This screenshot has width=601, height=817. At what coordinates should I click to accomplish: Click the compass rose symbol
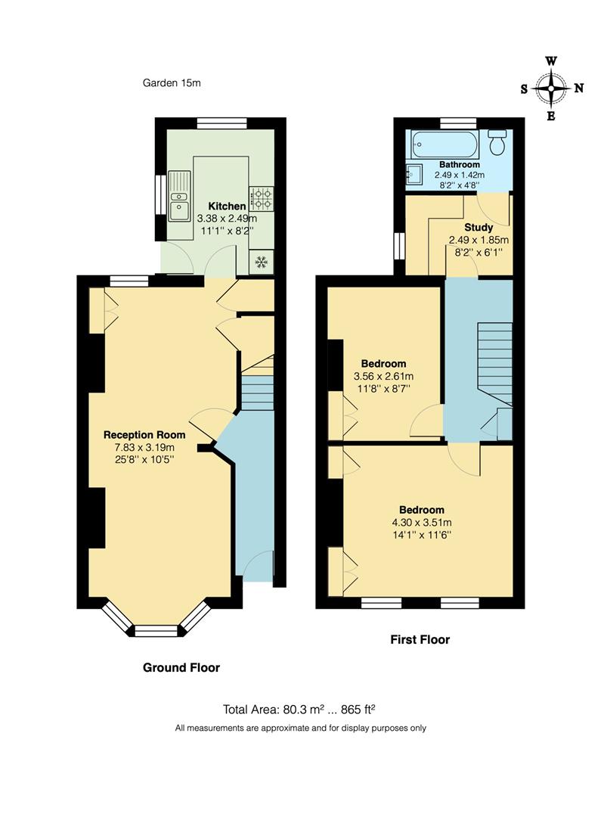pos(551,88)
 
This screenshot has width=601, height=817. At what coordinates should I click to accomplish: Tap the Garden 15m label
pos(172,82)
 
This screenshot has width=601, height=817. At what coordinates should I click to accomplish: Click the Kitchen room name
pos(227,206)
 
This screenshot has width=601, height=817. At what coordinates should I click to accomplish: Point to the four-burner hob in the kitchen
pos(262,199)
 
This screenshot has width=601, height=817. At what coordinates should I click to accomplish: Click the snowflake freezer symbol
pos(262,262)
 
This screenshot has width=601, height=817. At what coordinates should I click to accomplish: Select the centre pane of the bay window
pos(156,628)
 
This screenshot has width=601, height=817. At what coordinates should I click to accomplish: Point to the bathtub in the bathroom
pos(443,143)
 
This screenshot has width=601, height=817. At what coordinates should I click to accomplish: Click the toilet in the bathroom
pos(497,141)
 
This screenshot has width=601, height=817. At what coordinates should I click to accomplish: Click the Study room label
pos(479,227)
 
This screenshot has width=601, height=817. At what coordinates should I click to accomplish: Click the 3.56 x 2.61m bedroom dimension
pos(383,376)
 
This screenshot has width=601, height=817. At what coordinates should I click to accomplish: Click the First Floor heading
pos(420,639)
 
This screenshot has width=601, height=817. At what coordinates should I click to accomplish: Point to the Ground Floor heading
pos(181,667)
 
